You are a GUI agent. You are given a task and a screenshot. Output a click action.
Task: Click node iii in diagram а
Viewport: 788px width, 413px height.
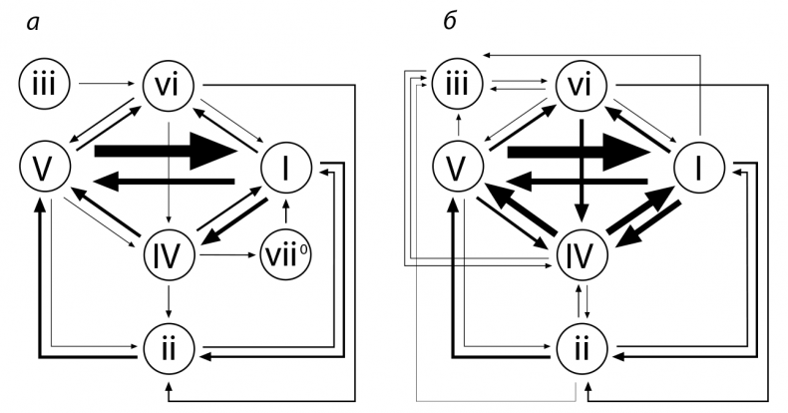coord(42,85)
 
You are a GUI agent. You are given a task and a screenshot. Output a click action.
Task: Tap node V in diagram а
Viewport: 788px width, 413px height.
coord(42,168)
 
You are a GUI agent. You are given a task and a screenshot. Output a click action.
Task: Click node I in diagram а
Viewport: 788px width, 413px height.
coord(287,168)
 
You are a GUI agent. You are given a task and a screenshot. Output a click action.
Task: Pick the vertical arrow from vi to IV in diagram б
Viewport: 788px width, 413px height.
coord(582,165)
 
